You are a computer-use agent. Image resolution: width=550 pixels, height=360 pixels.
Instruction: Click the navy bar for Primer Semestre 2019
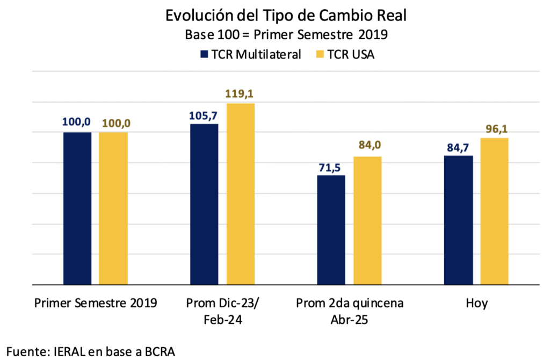click(x=77, y=208)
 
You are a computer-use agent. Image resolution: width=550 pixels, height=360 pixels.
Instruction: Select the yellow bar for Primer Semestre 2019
click(x=113, y=208)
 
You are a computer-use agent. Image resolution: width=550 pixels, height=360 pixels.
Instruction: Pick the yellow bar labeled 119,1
click(x=240, y=193)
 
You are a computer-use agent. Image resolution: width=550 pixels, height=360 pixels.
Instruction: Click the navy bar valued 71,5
click(x=331, y=229)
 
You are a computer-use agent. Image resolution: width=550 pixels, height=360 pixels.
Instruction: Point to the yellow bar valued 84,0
click(x=367, y=220)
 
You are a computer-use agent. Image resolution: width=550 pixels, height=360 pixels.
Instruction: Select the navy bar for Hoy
click(x=458, y=220)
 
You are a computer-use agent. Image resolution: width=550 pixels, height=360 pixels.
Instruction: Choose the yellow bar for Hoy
click(x=494, y=211)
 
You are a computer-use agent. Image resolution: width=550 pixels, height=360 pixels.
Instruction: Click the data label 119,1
click(x=240, y=94)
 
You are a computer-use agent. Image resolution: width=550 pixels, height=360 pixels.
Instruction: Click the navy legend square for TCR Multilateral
click(x=204, y=54)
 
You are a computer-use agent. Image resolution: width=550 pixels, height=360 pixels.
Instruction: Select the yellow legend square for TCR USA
click(x=320, y=54)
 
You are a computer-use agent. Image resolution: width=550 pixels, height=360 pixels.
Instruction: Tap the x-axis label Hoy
click(x=476, y=303)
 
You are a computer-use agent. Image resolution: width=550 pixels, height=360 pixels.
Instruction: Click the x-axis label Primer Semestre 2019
click(x=96, y=303)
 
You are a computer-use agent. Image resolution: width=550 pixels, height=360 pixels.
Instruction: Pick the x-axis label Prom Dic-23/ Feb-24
click(x=222, y=310)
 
